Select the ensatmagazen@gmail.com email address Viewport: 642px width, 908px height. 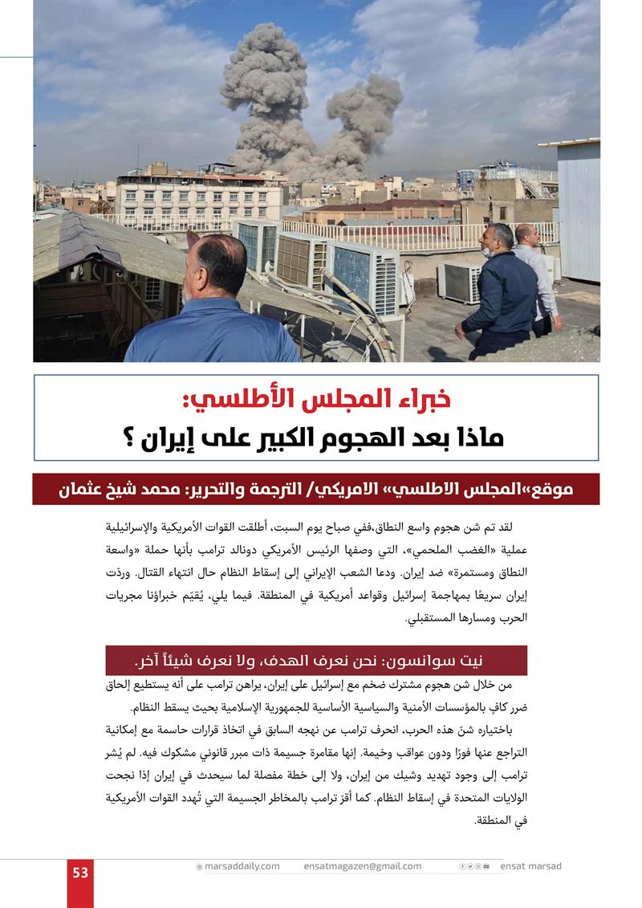point(362,866)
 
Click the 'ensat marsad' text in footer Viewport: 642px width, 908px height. point(530,866)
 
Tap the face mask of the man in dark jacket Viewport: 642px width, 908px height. point(487,251)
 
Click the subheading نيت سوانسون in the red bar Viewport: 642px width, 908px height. point(449,661)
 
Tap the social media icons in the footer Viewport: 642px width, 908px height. point(473,866)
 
